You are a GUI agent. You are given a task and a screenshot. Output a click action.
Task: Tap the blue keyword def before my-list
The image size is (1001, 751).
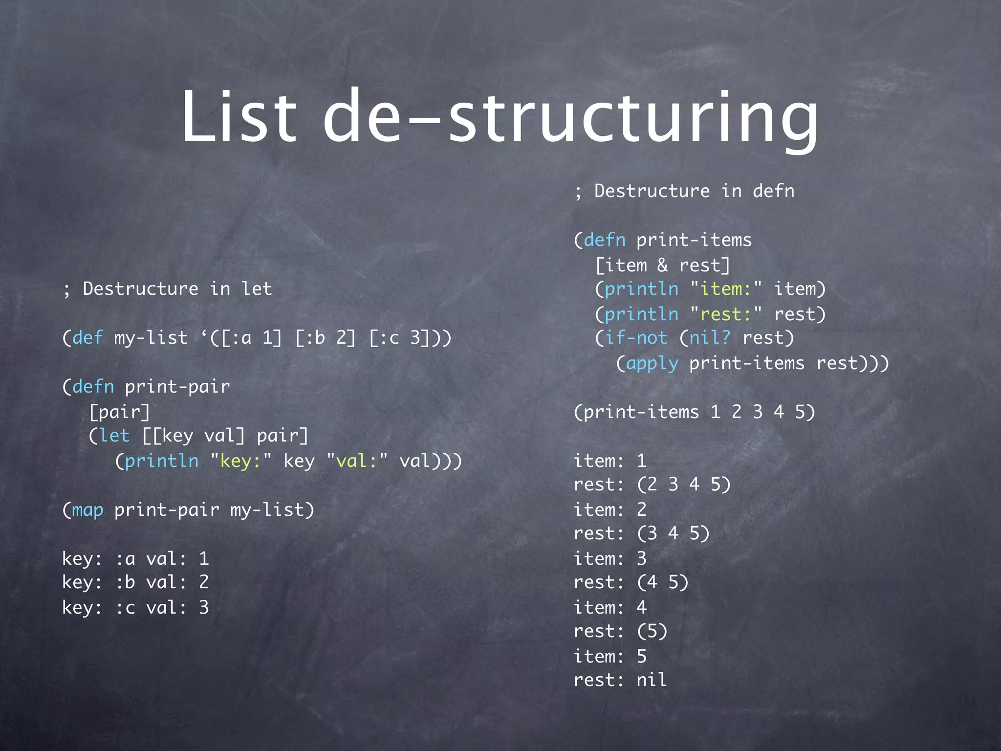click(87, 338)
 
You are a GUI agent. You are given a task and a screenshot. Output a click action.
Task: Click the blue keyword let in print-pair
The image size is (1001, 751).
click(114, 436)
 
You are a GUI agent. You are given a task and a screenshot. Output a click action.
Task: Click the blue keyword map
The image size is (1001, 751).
click(87, 510)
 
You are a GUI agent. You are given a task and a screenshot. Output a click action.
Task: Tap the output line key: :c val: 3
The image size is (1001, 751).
click(135, 608)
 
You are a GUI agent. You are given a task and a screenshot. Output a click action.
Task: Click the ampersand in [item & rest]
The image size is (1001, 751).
click(662, 265)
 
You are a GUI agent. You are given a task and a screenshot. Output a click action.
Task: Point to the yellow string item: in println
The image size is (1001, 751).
click(726, 289)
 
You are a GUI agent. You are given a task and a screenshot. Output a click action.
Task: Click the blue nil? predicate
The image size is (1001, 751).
click(710, 338)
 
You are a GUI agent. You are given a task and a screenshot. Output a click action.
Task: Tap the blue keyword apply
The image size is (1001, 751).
click(652, 363)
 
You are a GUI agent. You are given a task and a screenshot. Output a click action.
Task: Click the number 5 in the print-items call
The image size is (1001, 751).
click(800, 412)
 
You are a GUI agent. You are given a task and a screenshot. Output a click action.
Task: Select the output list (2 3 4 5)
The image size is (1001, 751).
click(684, 485)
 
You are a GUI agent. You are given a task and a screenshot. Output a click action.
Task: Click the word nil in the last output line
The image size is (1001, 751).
click(652, 680)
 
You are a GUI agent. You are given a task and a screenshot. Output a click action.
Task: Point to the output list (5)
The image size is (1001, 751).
click(652, 631)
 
